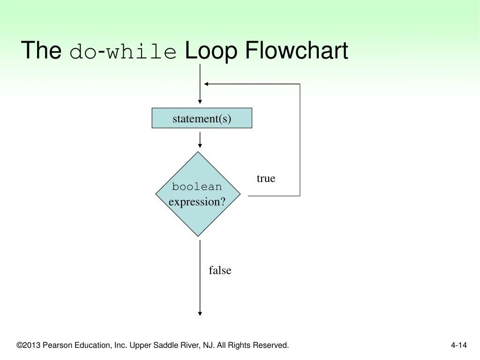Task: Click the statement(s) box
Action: coord(202,118)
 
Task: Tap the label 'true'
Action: coord(266,179)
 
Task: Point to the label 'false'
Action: coord(220,270)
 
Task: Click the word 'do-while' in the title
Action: coord(123,52)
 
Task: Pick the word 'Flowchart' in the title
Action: coord(297,51)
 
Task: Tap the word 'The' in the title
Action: coord(41,51)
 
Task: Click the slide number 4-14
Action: coord(459,345)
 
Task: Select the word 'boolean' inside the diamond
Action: coord(197,187)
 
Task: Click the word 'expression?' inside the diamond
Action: coord(197,202)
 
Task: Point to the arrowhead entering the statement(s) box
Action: coord(200,101)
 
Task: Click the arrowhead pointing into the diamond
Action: coord(200,146)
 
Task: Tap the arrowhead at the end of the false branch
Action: coord(200,313)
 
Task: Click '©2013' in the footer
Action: coord(29,345)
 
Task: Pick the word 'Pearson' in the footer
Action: coord(56,345)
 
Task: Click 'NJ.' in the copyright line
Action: coord(209,345)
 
